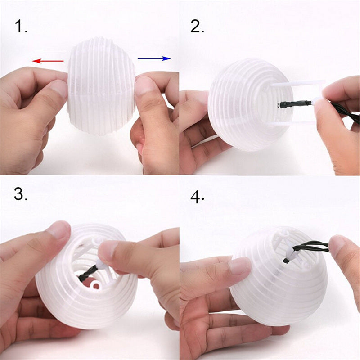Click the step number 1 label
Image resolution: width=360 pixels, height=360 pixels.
point(21,27)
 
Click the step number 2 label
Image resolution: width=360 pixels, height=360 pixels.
point(197,27)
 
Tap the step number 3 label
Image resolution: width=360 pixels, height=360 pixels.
point(22,194)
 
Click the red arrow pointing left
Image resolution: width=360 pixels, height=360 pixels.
point(48,60)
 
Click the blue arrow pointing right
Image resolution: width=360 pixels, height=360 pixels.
point(154,58)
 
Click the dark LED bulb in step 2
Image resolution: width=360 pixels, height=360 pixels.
point(283,104)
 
